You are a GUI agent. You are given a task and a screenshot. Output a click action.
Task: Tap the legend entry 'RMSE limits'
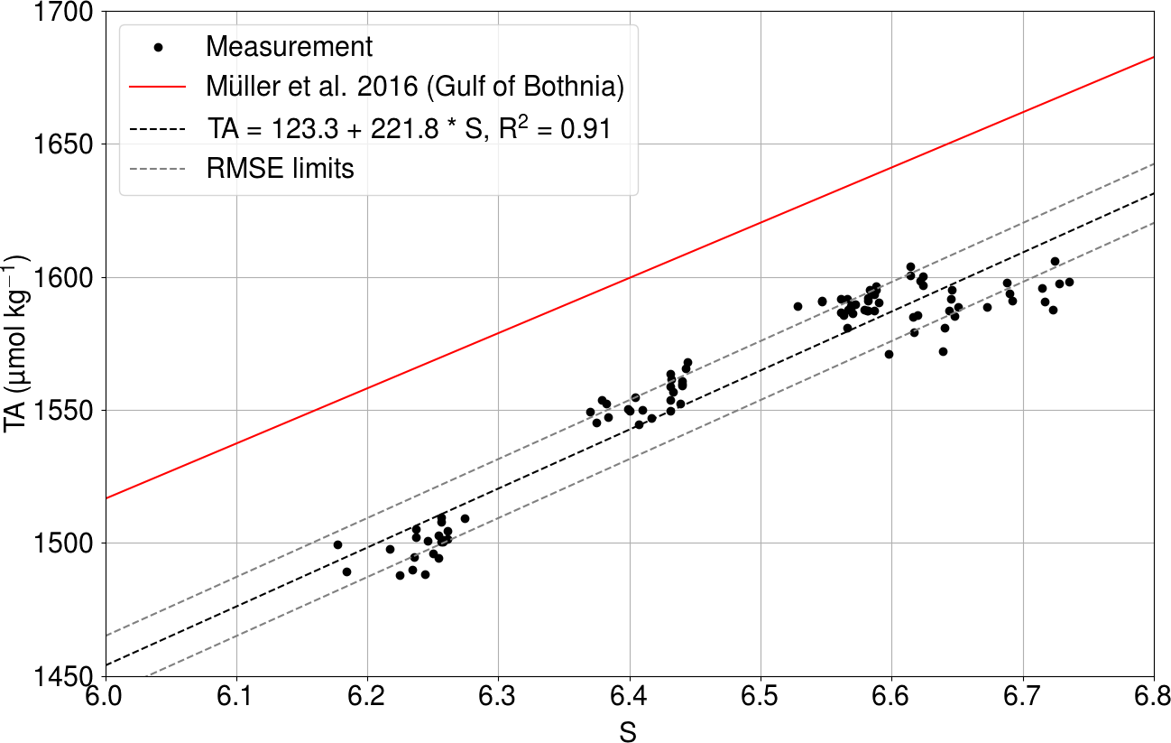(280, 169)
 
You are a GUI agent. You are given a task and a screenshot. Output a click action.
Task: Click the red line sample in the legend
(159, 88)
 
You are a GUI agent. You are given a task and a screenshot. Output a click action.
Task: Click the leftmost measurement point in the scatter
(337, 544)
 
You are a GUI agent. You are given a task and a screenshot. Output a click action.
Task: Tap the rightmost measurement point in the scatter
(1069, 282)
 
